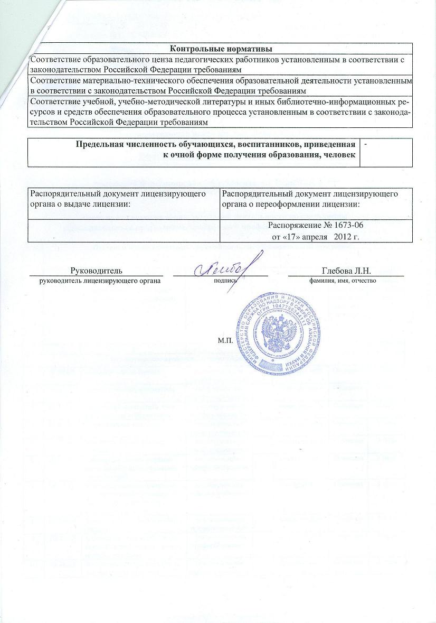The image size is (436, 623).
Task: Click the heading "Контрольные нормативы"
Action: pyautogui.click(x=221, y=50)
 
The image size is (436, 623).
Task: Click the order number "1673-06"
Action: pyautogui.click(x=349, y=226)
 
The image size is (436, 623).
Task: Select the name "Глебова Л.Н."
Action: pyautogui.click(x=347, y=271)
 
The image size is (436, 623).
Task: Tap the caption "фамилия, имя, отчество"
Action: pyautogui.click(x=342, y=280)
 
